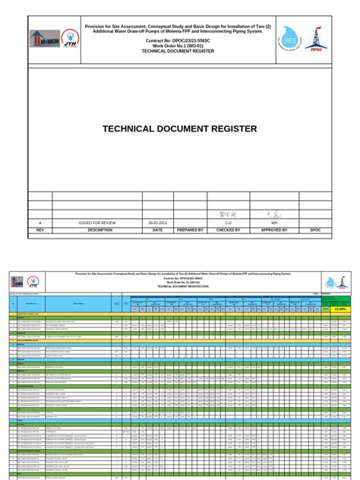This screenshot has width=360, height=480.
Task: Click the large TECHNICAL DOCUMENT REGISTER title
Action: click(179, 128)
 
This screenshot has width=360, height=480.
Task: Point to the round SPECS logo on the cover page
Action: click(290, 36)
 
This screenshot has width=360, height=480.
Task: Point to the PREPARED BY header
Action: click(191, 229)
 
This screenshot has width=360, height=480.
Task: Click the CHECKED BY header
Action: click(228, 229)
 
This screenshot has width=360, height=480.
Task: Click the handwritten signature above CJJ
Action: click(228, 214)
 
